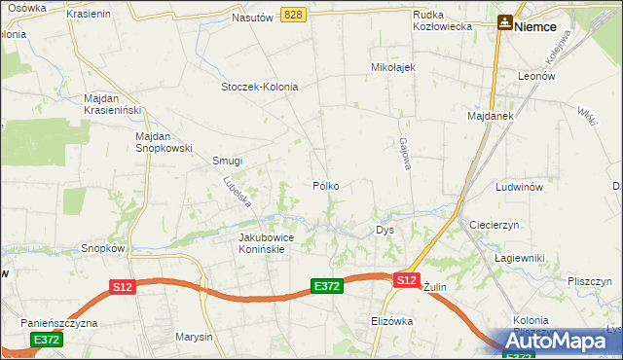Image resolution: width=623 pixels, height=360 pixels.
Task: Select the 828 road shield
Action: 295,15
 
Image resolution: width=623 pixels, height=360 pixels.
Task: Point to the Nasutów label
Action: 252,18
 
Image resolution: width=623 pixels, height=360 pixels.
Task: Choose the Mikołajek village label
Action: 393,67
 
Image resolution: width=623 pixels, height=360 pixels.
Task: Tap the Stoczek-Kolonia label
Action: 259,86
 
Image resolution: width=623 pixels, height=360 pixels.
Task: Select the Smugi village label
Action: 227,161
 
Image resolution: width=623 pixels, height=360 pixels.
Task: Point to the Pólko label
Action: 325,185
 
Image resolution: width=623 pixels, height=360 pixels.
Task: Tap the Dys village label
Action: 385,231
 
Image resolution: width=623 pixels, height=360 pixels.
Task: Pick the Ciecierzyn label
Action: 495,224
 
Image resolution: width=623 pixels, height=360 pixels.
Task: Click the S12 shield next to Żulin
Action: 407,280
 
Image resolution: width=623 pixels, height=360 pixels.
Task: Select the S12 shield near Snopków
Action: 122,287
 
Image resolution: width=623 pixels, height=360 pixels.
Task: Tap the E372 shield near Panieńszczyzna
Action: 47,340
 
